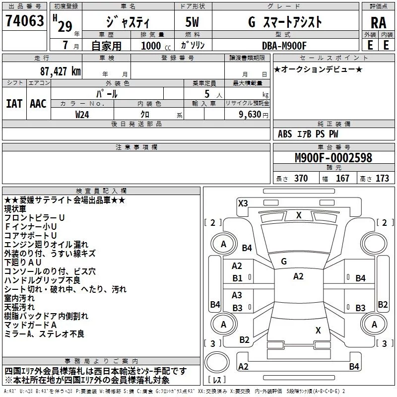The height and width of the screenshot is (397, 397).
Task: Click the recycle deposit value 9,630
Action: [x=250, y=115]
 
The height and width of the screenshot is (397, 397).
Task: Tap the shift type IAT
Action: [x=14, y=103]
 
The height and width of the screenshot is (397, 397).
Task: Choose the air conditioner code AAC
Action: [x=38, y=103]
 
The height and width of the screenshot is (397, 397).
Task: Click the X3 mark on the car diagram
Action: [x=243, y=203]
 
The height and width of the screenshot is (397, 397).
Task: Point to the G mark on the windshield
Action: [x=284, y=261]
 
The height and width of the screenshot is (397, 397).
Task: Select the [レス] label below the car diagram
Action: [x=217, y=380]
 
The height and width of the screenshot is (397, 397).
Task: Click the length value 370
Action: [x=301, y=179]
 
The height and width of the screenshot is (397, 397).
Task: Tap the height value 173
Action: [x=382, y=179]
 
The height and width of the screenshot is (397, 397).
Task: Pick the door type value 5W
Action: [x=193, y=22]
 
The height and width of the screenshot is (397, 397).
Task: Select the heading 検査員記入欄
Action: [x=101, y=191]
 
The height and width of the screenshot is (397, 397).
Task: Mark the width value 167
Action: [x=342, y=179]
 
